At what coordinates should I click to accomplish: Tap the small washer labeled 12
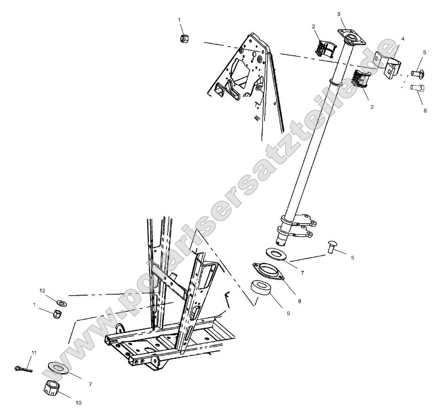point(61,301)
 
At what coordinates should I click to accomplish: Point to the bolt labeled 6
point(417,88)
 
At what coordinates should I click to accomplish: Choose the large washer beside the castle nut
point(58,368)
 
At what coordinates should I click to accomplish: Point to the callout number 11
point(34,353)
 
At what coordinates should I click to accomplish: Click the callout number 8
point(299,300)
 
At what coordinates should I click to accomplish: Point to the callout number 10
point(78,403)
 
